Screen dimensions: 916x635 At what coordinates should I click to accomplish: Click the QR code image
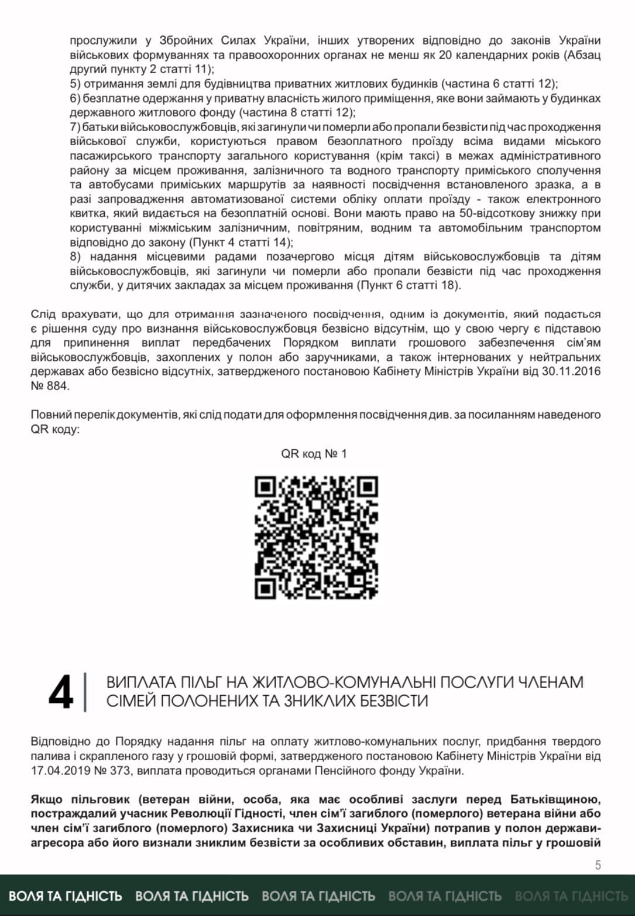[x=317, y=537]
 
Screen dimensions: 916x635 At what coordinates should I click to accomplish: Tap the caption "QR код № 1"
[x=314, y=454]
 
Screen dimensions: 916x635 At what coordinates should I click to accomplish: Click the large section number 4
[x=61, y=692]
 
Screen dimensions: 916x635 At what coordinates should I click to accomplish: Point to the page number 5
[x=598, y=865]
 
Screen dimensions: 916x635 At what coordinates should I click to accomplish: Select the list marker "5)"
[x=75, y=84]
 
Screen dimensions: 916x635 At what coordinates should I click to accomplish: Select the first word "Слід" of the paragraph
[x=43, y=315]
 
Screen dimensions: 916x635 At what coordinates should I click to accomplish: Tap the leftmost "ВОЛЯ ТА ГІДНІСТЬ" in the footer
[x=66, y=896]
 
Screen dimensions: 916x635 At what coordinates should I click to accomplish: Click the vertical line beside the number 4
[x=86, y=692]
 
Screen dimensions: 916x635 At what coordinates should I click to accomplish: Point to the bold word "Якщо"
[x=47, y=800]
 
